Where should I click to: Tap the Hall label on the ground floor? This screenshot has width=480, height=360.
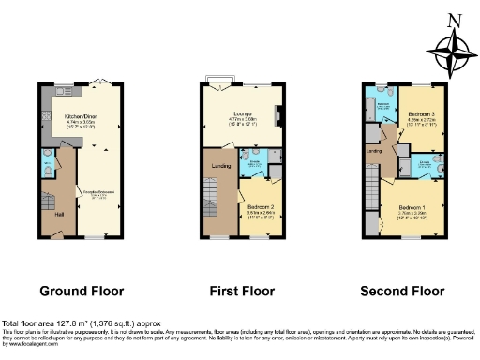click(60, 214)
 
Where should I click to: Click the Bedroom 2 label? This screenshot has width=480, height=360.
click(260, 207)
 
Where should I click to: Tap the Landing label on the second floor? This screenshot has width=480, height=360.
click(374, 150)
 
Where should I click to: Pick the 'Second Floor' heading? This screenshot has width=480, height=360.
click(406, 290)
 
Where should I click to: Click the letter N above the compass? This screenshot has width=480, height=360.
click(455, 20)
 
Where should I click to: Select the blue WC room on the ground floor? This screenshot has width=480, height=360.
click(48, 170)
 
